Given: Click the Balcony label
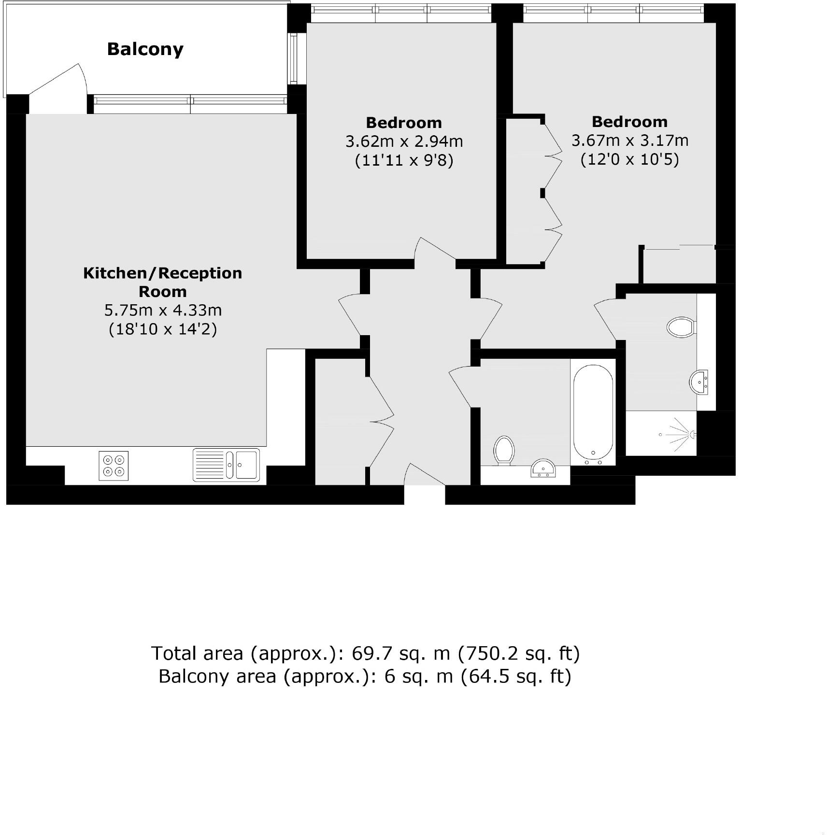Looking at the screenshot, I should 145,49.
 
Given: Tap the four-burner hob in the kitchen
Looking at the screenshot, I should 114,466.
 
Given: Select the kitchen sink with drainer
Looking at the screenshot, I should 226,465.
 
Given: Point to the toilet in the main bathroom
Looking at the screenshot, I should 504,450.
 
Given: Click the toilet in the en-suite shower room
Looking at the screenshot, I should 681,327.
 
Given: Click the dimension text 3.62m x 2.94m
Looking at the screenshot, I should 404,142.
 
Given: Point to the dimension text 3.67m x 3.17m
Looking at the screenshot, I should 629,141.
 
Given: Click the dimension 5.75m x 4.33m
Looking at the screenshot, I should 163,310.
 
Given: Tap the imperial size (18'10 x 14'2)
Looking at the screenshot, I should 163,329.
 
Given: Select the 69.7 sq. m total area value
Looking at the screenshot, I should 400,653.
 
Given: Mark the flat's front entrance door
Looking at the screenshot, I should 424,475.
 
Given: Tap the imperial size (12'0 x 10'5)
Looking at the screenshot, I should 629,159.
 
